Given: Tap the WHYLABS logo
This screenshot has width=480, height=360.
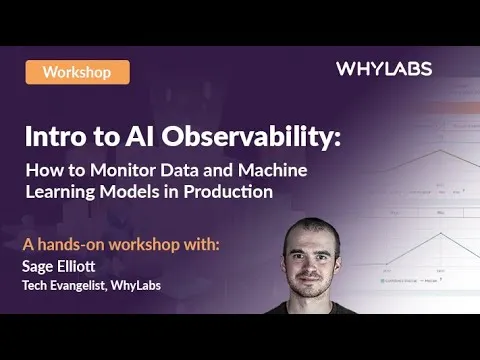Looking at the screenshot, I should pyautogui.click(x=384, y=69).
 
